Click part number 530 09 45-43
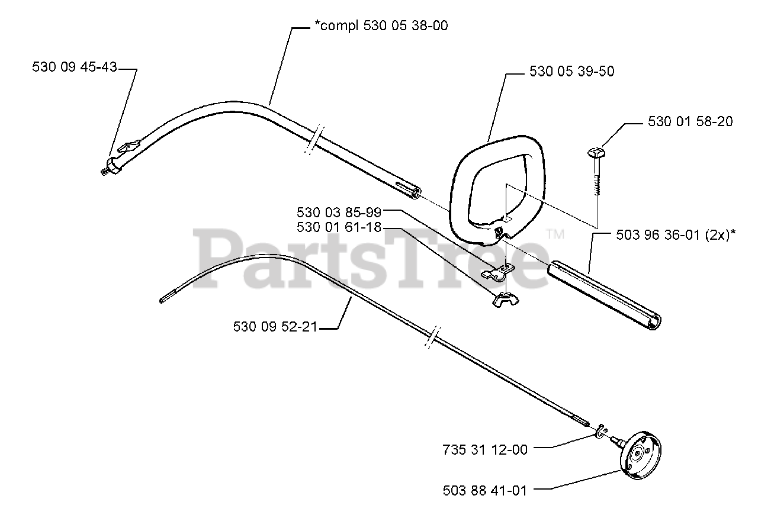click(75, 68)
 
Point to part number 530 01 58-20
click(690, 122)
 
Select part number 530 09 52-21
click(276, 326)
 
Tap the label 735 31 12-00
click(484, 449)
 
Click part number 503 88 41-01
click(484, 490)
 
